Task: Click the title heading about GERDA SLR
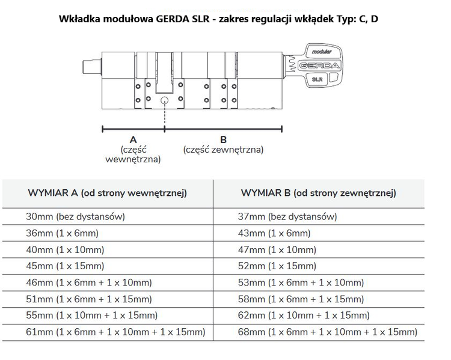pyautogui.click(x=219, y=19)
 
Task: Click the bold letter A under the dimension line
pyautogui.click(x=133, y=139)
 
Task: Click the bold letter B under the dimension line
pyautogui.click(x=224, y=139)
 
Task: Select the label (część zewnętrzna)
pyautogui.click(x=224, y=150)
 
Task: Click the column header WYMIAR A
pyautogui.click(x=108, y=193)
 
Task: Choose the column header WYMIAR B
pyautogui.click(x=318, y=193)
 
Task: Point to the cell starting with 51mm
pyautogui.click(x=89, y=299)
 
